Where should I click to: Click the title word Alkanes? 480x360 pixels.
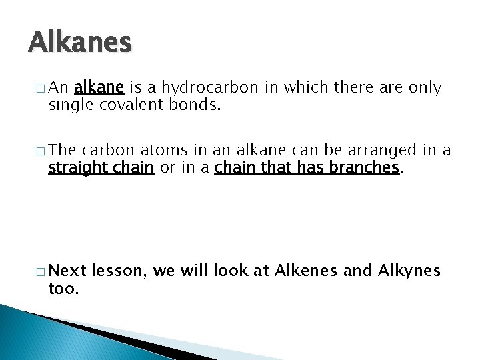(80, 43)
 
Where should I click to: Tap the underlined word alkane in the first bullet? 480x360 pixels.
(99, 87)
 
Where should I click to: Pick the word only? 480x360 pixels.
(425, 87)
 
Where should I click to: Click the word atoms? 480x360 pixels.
(160, 151)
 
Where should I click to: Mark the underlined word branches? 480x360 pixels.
(369, 168)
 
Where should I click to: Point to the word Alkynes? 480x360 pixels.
(409, 271)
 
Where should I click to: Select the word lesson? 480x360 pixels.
(120, 271)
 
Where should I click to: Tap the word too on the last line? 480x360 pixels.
(63, 288)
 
